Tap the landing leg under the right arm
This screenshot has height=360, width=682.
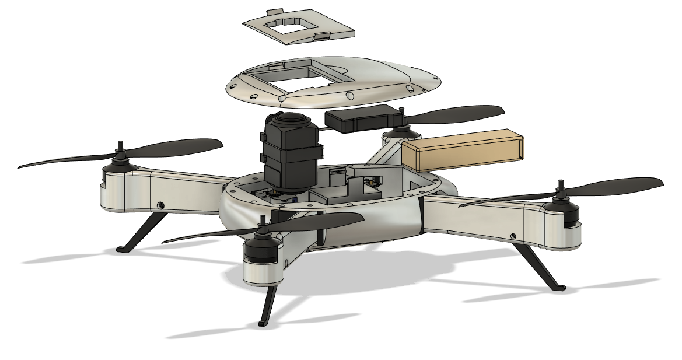[x=537, y=265]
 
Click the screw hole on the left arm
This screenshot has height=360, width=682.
[x=160, y=204]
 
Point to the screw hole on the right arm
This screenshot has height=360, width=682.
[x=513, y=235]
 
